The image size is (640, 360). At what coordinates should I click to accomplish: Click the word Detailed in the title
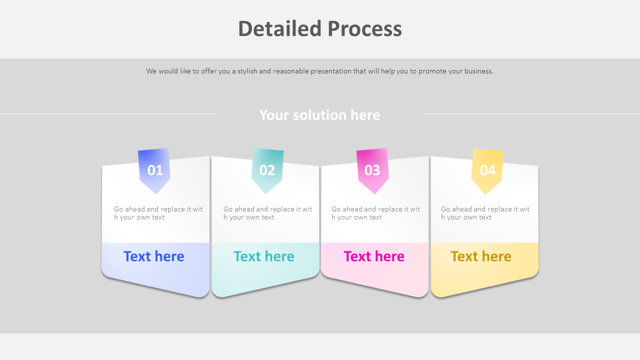pyautogui.click(x=280, y=29)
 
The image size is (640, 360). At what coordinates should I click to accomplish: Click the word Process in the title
pyautogui.click(x=365, y=29)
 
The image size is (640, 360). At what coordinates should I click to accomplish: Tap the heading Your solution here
pyautogui.click(x=319, y=115)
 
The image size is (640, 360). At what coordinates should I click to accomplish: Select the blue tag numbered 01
pyautogui.click(x=155, y=170)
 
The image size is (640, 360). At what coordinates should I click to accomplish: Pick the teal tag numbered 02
pyautogui.click(x=267, y=170)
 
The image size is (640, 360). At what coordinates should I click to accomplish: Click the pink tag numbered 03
pyautogui.click(x=372, y=170)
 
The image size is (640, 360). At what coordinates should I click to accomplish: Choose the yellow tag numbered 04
pyautogui.click(x=487, y=170)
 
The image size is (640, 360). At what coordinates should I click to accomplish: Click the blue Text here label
pyautogui.click(x=154, y=256)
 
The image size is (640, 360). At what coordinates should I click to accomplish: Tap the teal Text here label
pyautogui.click(x=264, y=256)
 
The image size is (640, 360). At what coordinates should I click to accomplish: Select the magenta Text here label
pyautogui.click(x=374, y=256)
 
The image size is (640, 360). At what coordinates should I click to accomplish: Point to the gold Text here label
pyautogui.click(x=481, y=256)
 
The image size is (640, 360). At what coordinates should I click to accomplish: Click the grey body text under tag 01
pyautogui.click(x=158, y=213)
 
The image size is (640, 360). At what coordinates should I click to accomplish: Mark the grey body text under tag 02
pyautogui.click(x=267, y=213)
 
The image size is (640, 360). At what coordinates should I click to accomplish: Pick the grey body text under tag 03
pyautogui.click(x=375, y=213)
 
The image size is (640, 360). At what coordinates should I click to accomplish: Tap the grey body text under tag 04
pyautogui.click(x=485, y=213)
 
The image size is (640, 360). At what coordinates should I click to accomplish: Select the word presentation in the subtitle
pyautogui.click(x=330, y=71)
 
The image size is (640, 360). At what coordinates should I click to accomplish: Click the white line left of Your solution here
pyautogui.click(x=108, y=113)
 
